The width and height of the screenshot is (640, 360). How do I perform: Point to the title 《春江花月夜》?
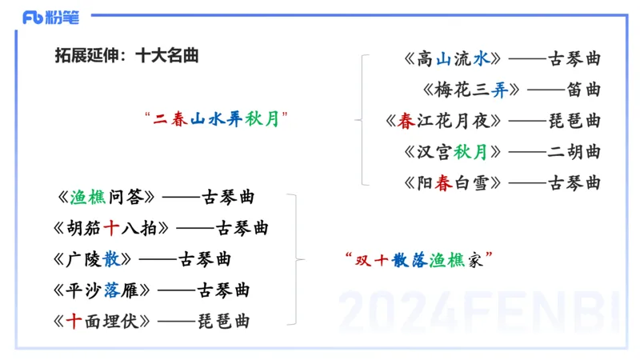click(x=444, y=121)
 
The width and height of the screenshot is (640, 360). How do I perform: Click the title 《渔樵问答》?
click(x=105, y=197)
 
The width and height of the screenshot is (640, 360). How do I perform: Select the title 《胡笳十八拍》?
click(x=113, y=228)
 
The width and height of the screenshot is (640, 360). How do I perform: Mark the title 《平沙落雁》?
click(x=104, y=290)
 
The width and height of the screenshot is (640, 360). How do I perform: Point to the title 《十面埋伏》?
click(x=104, y=322)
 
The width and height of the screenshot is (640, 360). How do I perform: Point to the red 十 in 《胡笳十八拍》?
click(x=112, y=228)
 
